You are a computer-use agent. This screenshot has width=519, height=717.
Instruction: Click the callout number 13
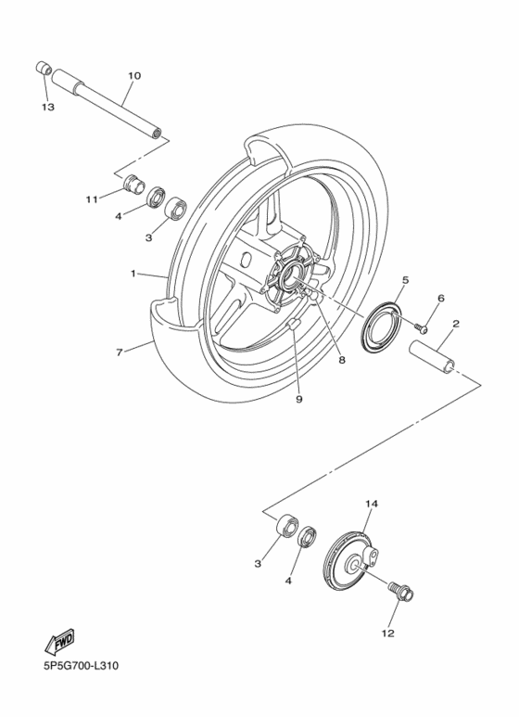(x=47, y=108)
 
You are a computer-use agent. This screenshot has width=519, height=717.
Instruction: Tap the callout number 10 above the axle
(x=134, y=75)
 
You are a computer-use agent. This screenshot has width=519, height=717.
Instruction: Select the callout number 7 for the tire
(x=119, y=352)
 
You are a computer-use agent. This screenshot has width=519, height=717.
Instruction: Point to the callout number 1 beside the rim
(x=133, y=274)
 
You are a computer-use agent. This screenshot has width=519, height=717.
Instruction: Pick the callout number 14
(x=372, y=505)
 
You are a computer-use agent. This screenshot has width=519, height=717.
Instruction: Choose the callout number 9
(x=299, y=399)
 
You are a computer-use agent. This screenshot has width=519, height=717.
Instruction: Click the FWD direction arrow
(x=59, y=642)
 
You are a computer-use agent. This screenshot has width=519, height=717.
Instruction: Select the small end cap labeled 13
(x=43, y=69)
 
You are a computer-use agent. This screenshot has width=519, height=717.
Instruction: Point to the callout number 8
(x=341, y=360)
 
